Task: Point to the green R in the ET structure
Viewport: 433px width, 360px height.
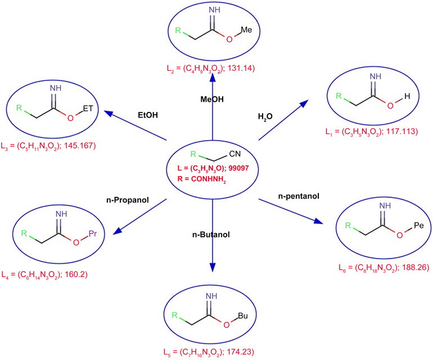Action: coord(20,107)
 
